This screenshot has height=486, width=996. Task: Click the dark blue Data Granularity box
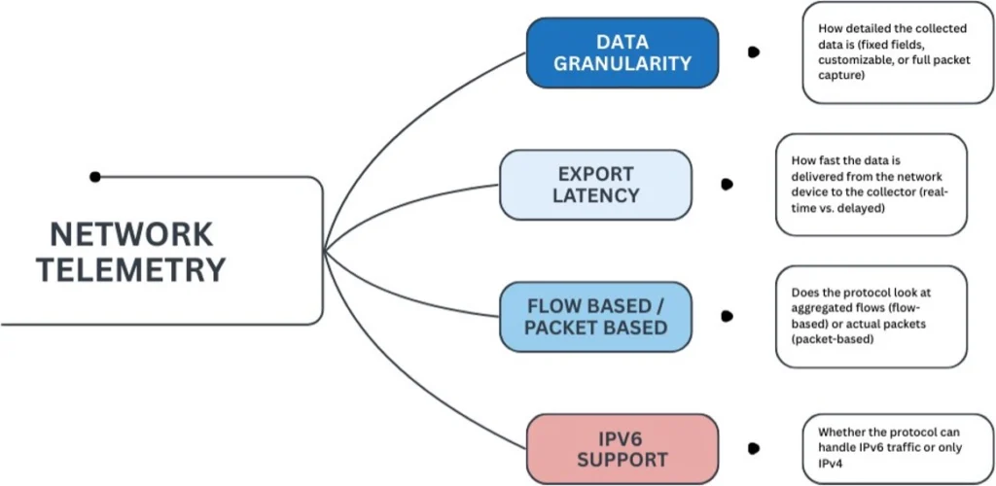(622, 52)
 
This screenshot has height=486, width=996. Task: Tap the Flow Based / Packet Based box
(595, 316)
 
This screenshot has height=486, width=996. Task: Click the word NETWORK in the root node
(131, 234)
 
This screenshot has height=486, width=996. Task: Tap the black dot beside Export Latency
(727, 184)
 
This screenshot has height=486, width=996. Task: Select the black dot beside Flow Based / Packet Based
(727, 316)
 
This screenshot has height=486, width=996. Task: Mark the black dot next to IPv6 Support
(753, 448)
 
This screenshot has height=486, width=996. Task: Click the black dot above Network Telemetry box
(94, 177)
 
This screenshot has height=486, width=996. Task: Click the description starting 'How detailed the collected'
(884, 52)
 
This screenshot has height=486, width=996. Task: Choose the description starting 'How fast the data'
(871, 184)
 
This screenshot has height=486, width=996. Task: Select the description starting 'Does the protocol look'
(871, 317)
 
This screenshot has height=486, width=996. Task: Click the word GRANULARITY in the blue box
(622, 63)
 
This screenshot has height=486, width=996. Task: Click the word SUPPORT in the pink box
(622, 458)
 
